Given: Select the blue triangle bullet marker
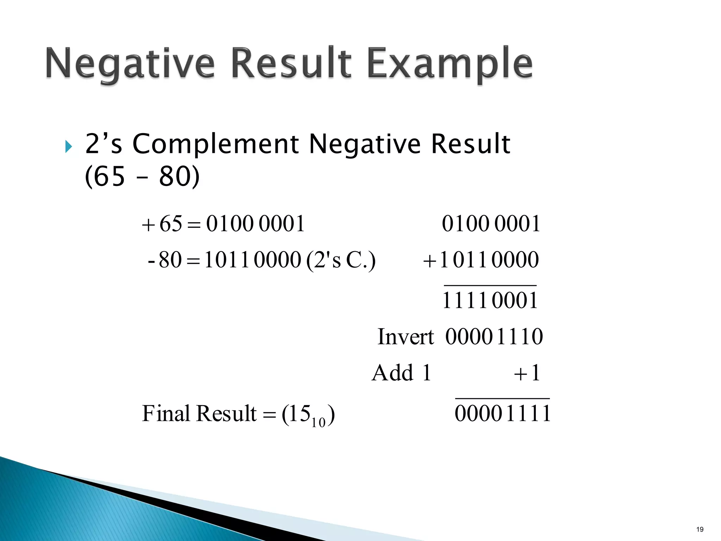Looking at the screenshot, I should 69,147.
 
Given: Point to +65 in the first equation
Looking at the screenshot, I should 162,224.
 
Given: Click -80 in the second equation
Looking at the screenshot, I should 165,260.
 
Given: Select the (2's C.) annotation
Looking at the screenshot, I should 341,260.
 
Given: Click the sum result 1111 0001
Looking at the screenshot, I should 490,300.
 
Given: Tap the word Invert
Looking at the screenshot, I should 405,337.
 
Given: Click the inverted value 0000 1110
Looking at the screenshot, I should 494,337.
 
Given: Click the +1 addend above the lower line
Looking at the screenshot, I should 527,373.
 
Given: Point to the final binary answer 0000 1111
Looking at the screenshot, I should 502,413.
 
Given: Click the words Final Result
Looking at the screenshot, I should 199,413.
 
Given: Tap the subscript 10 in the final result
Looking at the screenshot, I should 318,422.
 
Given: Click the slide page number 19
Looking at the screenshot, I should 700,529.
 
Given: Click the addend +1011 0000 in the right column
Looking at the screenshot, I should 481,260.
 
